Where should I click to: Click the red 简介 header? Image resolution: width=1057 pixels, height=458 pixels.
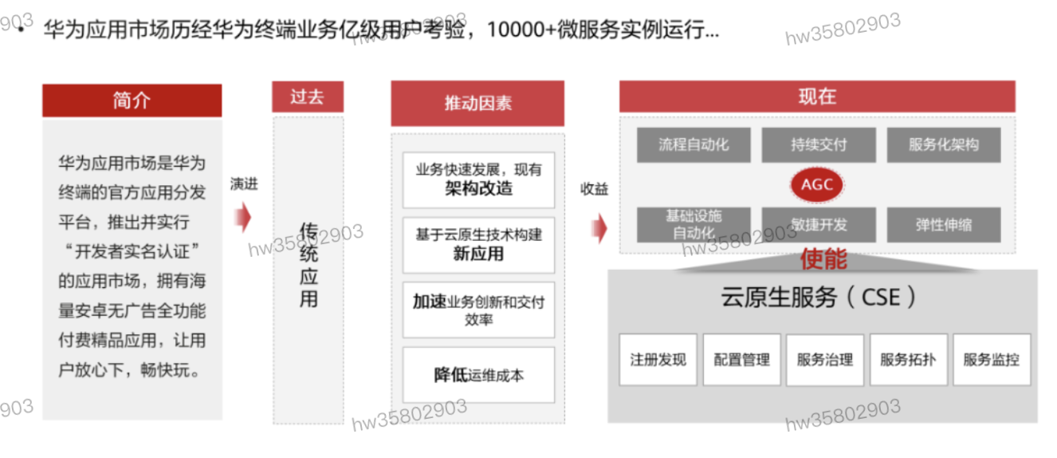click(x=132, y=101)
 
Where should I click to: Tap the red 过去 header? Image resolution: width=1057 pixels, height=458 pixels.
click(x=307, y=97)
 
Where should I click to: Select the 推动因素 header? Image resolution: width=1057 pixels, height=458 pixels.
click(x=477, y=103)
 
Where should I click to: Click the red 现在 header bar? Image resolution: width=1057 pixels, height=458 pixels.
click(x=817, y=97)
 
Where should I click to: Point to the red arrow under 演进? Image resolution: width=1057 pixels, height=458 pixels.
click(x=243, y=217)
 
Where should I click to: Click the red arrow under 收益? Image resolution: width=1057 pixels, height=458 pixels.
click(x=599, y=227)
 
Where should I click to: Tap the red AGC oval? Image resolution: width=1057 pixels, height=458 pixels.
click(x=817, y=185)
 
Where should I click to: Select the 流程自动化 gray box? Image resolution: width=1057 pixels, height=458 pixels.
click(x=693, y=145)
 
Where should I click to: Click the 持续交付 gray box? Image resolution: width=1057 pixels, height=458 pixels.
click(x=819, y=145)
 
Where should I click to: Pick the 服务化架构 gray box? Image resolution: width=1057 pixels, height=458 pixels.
click(x=943, y=145)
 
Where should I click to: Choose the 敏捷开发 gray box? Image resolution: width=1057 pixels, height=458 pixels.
click(x=819, y=225)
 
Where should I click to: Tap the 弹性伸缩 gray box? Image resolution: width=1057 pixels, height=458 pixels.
click(x=943, y=225)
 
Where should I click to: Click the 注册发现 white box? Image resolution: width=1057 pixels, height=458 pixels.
click(x=658, y=360)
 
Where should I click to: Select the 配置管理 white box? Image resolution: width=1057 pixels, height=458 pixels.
click(x=741, y=360)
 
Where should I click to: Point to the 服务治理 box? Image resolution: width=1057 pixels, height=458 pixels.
click(x=825, y=360)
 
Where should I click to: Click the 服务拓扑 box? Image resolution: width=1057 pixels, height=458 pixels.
click(x=908, y=360)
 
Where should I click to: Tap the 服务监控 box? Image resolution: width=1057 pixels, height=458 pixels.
click(x=991, y=360)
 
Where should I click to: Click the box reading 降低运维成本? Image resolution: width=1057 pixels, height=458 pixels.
click(x=478, y=375)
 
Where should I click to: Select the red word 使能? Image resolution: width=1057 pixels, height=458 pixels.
click(x=823, y=259)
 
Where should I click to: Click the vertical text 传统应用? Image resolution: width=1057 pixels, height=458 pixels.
click(x=308, y=265)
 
